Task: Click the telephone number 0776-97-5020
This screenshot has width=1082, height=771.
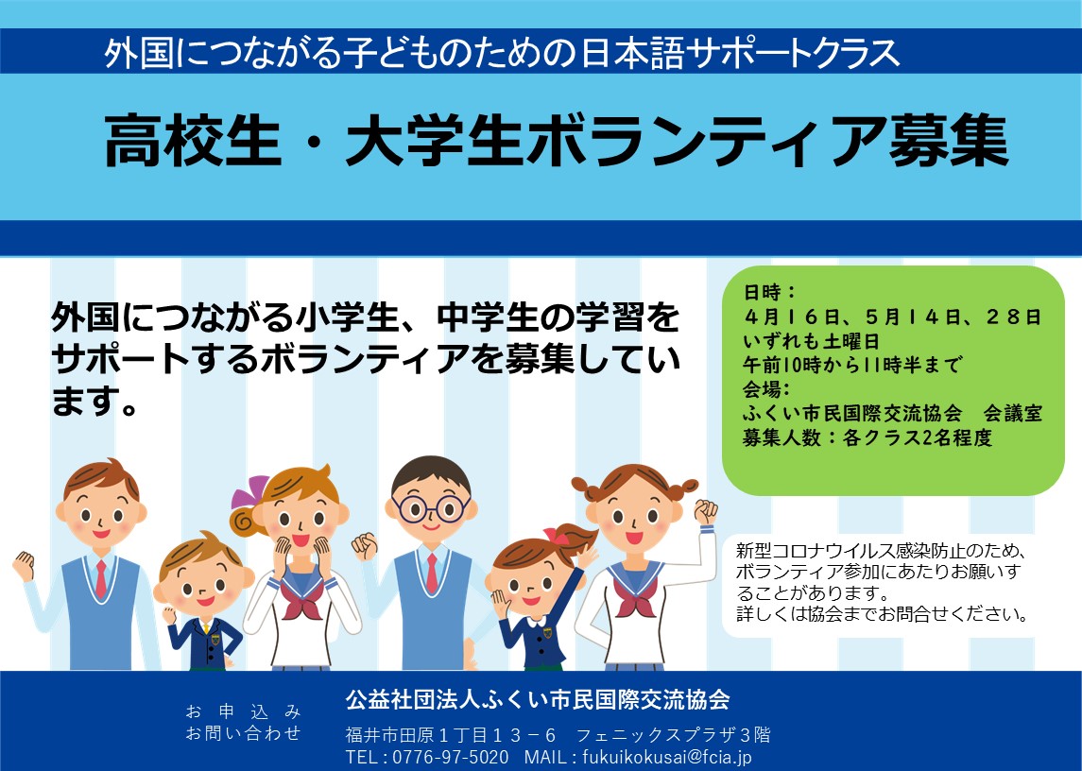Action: pyautogui.click(x=451, y=757)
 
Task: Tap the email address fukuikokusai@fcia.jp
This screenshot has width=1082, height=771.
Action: pyautogui.click(x=667, y=757)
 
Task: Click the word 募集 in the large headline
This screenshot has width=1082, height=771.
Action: pyautogui.click(x=949, y=141)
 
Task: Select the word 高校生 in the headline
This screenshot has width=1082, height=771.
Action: pyautogui.click(x=193, y=141)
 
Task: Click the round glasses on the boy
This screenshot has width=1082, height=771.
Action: pyautogui.click(x=431, y=509)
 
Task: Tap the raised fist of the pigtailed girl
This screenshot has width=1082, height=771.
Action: pyautogui.click(x=705, y=511)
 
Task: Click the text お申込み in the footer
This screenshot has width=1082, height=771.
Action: pyautogui.click(x=243, y=711)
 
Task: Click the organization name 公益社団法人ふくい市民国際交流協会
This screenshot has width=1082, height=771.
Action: pyautogui.click(x=538, y=700)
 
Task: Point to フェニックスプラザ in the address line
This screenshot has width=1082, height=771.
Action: pyautogui.click(x=656, y=735)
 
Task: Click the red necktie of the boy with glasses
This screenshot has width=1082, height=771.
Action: pyautogui.click(x=432, y=573)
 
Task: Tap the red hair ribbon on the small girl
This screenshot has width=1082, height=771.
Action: pyautogui.click(x=556, y=535)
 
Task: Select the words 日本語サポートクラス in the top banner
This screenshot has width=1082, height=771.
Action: pyautogui.click(x=741, y=54)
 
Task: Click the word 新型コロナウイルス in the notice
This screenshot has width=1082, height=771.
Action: pyautogui.click(x=816, y=551)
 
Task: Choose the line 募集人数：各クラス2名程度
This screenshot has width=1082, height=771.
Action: pyautogui.click(x=867, y=437)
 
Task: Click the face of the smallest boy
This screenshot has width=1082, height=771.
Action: pyautogui.click(x=201, y=583)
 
